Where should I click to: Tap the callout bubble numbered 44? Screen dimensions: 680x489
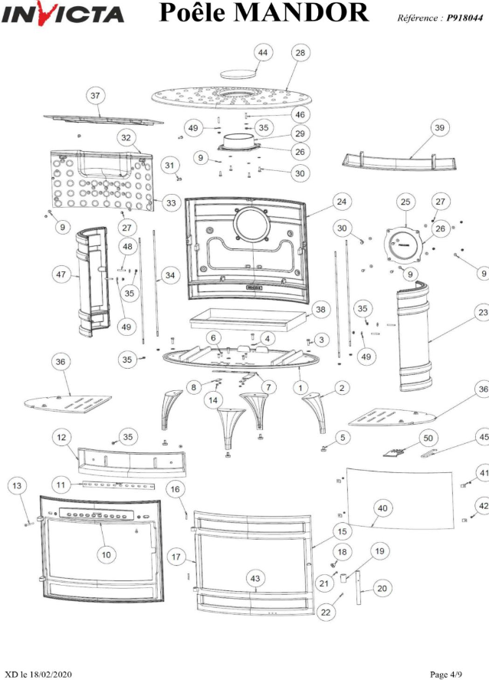pyautogui.click(x=263, y=52)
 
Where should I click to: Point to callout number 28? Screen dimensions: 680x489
pyautogui.click(x=300, y=52)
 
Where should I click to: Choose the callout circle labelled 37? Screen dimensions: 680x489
pyautogui.click(x=95, y=97)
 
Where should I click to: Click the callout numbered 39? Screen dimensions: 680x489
pyautogui.click(x=438, y=128)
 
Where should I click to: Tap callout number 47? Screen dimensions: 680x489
pyautogui.click(x=59, y=274)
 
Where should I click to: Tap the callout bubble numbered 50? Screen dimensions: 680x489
pyautogui.click(x=427, y=437)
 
